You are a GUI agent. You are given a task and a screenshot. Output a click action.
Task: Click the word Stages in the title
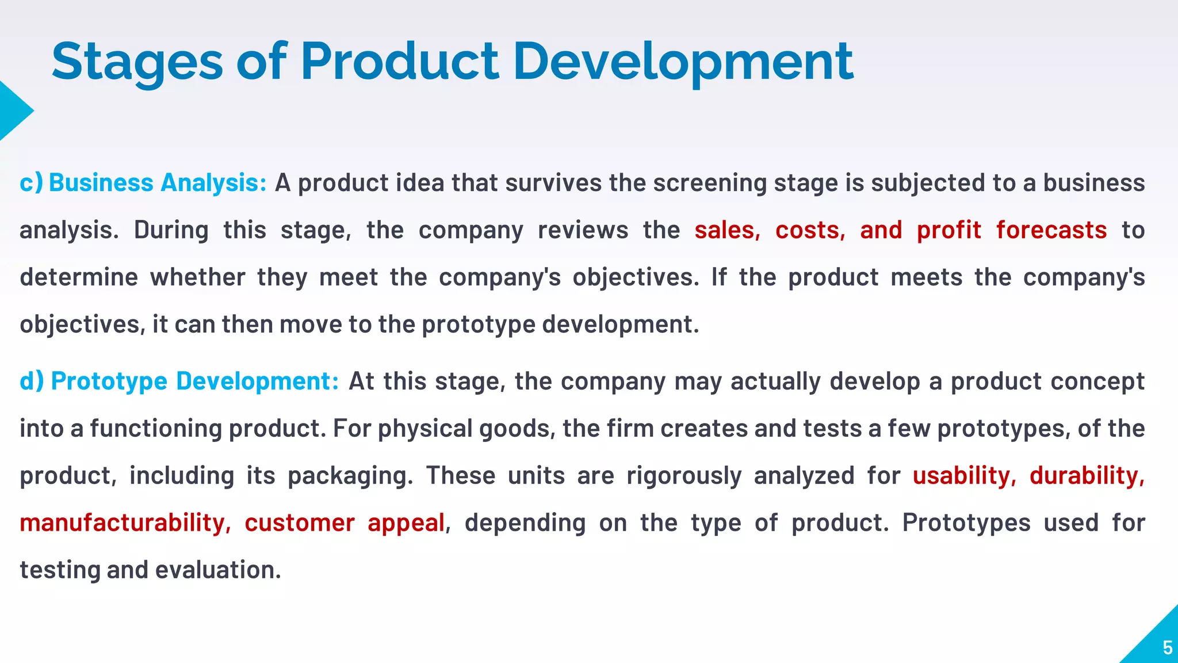coord(137,62)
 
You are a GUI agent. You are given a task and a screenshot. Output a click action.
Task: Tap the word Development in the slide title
coord(683,62)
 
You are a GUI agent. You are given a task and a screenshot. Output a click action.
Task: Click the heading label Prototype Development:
coord(195,382)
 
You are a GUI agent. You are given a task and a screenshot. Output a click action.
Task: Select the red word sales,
coord(727,230)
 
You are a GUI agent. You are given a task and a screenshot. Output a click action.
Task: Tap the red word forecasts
coord(1051,230)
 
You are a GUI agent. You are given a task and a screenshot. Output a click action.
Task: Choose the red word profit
coord(948,230)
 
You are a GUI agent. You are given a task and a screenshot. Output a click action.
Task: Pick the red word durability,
coord(1087,476)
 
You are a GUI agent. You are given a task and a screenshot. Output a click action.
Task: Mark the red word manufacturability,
coord(125,523)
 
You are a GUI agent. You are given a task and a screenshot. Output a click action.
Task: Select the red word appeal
coord(406,523)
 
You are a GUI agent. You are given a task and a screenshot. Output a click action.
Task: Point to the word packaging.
coord(350,476)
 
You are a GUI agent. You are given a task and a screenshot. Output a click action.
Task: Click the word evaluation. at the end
coord(218,570)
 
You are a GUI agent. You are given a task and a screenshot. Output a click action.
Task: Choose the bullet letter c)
coord(31,183)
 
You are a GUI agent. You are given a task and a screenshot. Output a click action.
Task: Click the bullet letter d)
coord(32,382)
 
